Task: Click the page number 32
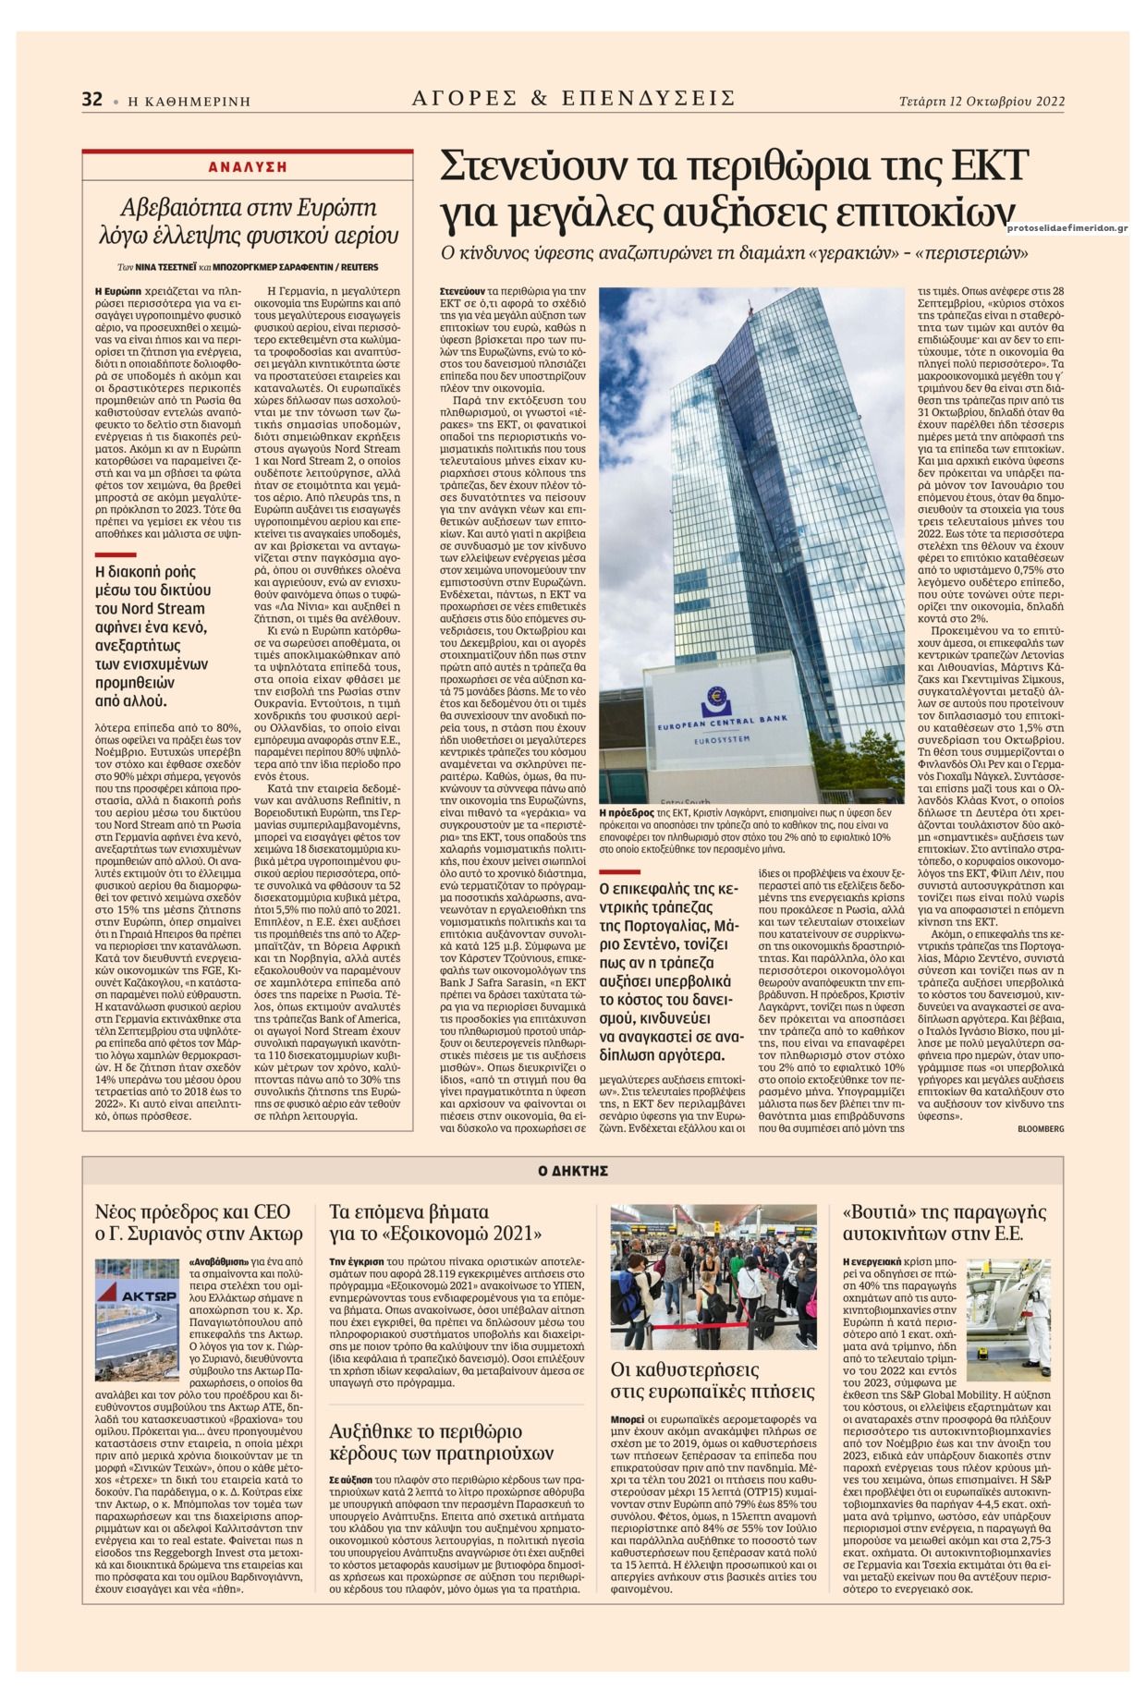pos(91,100)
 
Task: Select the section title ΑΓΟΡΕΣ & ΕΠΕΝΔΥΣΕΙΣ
pos(573,98)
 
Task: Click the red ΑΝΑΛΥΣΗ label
pos(247,167)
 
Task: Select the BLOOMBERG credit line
pos(1041,1128)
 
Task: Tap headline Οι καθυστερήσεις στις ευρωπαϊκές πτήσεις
pos(713,1380)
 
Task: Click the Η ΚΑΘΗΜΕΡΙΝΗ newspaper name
pos(189,102)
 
